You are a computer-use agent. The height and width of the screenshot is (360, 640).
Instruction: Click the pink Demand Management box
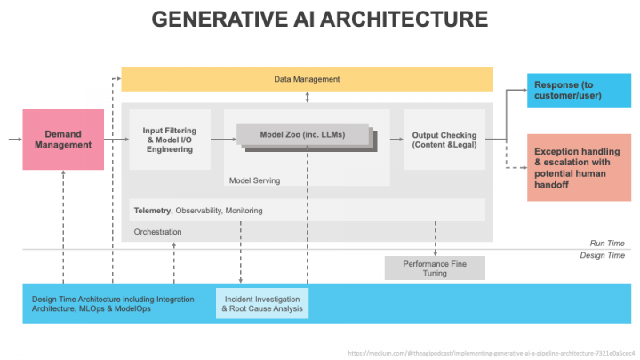click(x=63, y=139)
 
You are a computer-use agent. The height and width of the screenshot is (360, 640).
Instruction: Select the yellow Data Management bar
click(x=307, y=79)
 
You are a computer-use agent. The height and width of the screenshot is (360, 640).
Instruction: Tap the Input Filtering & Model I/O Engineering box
click(x=170, y=140)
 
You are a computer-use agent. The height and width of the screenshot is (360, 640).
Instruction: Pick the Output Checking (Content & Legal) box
click(x=443, y=140)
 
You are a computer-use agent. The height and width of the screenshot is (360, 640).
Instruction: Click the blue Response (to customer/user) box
click(x=579, y=90)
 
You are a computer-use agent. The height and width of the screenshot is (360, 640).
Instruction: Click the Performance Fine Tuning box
click(x=435, y=268)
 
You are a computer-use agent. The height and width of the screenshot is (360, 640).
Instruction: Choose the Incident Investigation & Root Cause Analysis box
click(x=262, y=304)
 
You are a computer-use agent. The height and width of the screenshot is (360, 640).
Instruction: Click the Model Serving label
click(x=254, y=180)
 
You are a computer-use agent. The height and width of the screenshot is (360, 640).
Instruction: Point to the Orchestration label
click(x=157, y=232)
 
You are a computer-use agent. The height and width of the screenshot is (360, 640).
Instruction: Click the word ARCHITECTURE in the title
click(x=402, y=19)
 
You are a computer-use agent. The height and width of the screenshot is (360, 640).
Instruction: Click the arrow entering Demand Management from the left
click(x=14, y=140)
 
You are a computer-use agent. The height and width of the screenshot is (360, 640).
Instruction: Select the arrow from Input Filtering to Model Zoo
click(x=223, y=140)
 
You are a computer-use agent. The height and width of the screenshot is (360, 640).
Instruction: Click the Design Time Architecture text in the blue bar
click(x=113, y=304)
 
